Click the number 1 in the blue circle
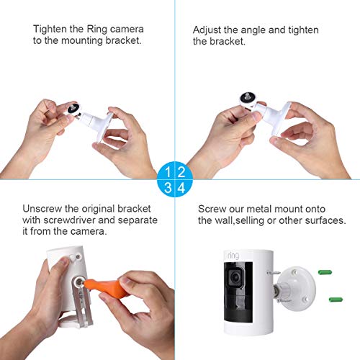pyautogui.click(x=168, y=172)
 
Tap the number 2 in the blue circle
pyautogui.click(x=181, y=172)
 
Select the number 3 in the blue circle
pyautogui.click(x=168, y=187)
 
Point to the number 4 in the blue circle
pyautogui.click(x=181, y=188)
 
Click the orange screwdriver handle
pyautogui.click(x=105, y=287)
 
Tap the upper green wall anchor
pyautogui.click(x=325, y=272)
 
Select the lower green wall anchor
pyautogui.click(x=336, y=300)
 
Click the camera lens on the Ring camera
pyautogui.click(x=235, y=278)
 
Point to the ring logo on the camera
pyautogui.click(x=233, y=256)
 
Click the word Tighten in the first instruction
pyautogui.click(x=50, y=30)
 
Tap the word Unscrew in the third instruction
pyautogui.click(x=42, y=209)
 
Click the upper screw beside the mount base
pyautogui.click(x=274, y=273)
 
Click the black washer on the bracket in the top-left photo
pyautogui.click(x=73, y=109)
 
